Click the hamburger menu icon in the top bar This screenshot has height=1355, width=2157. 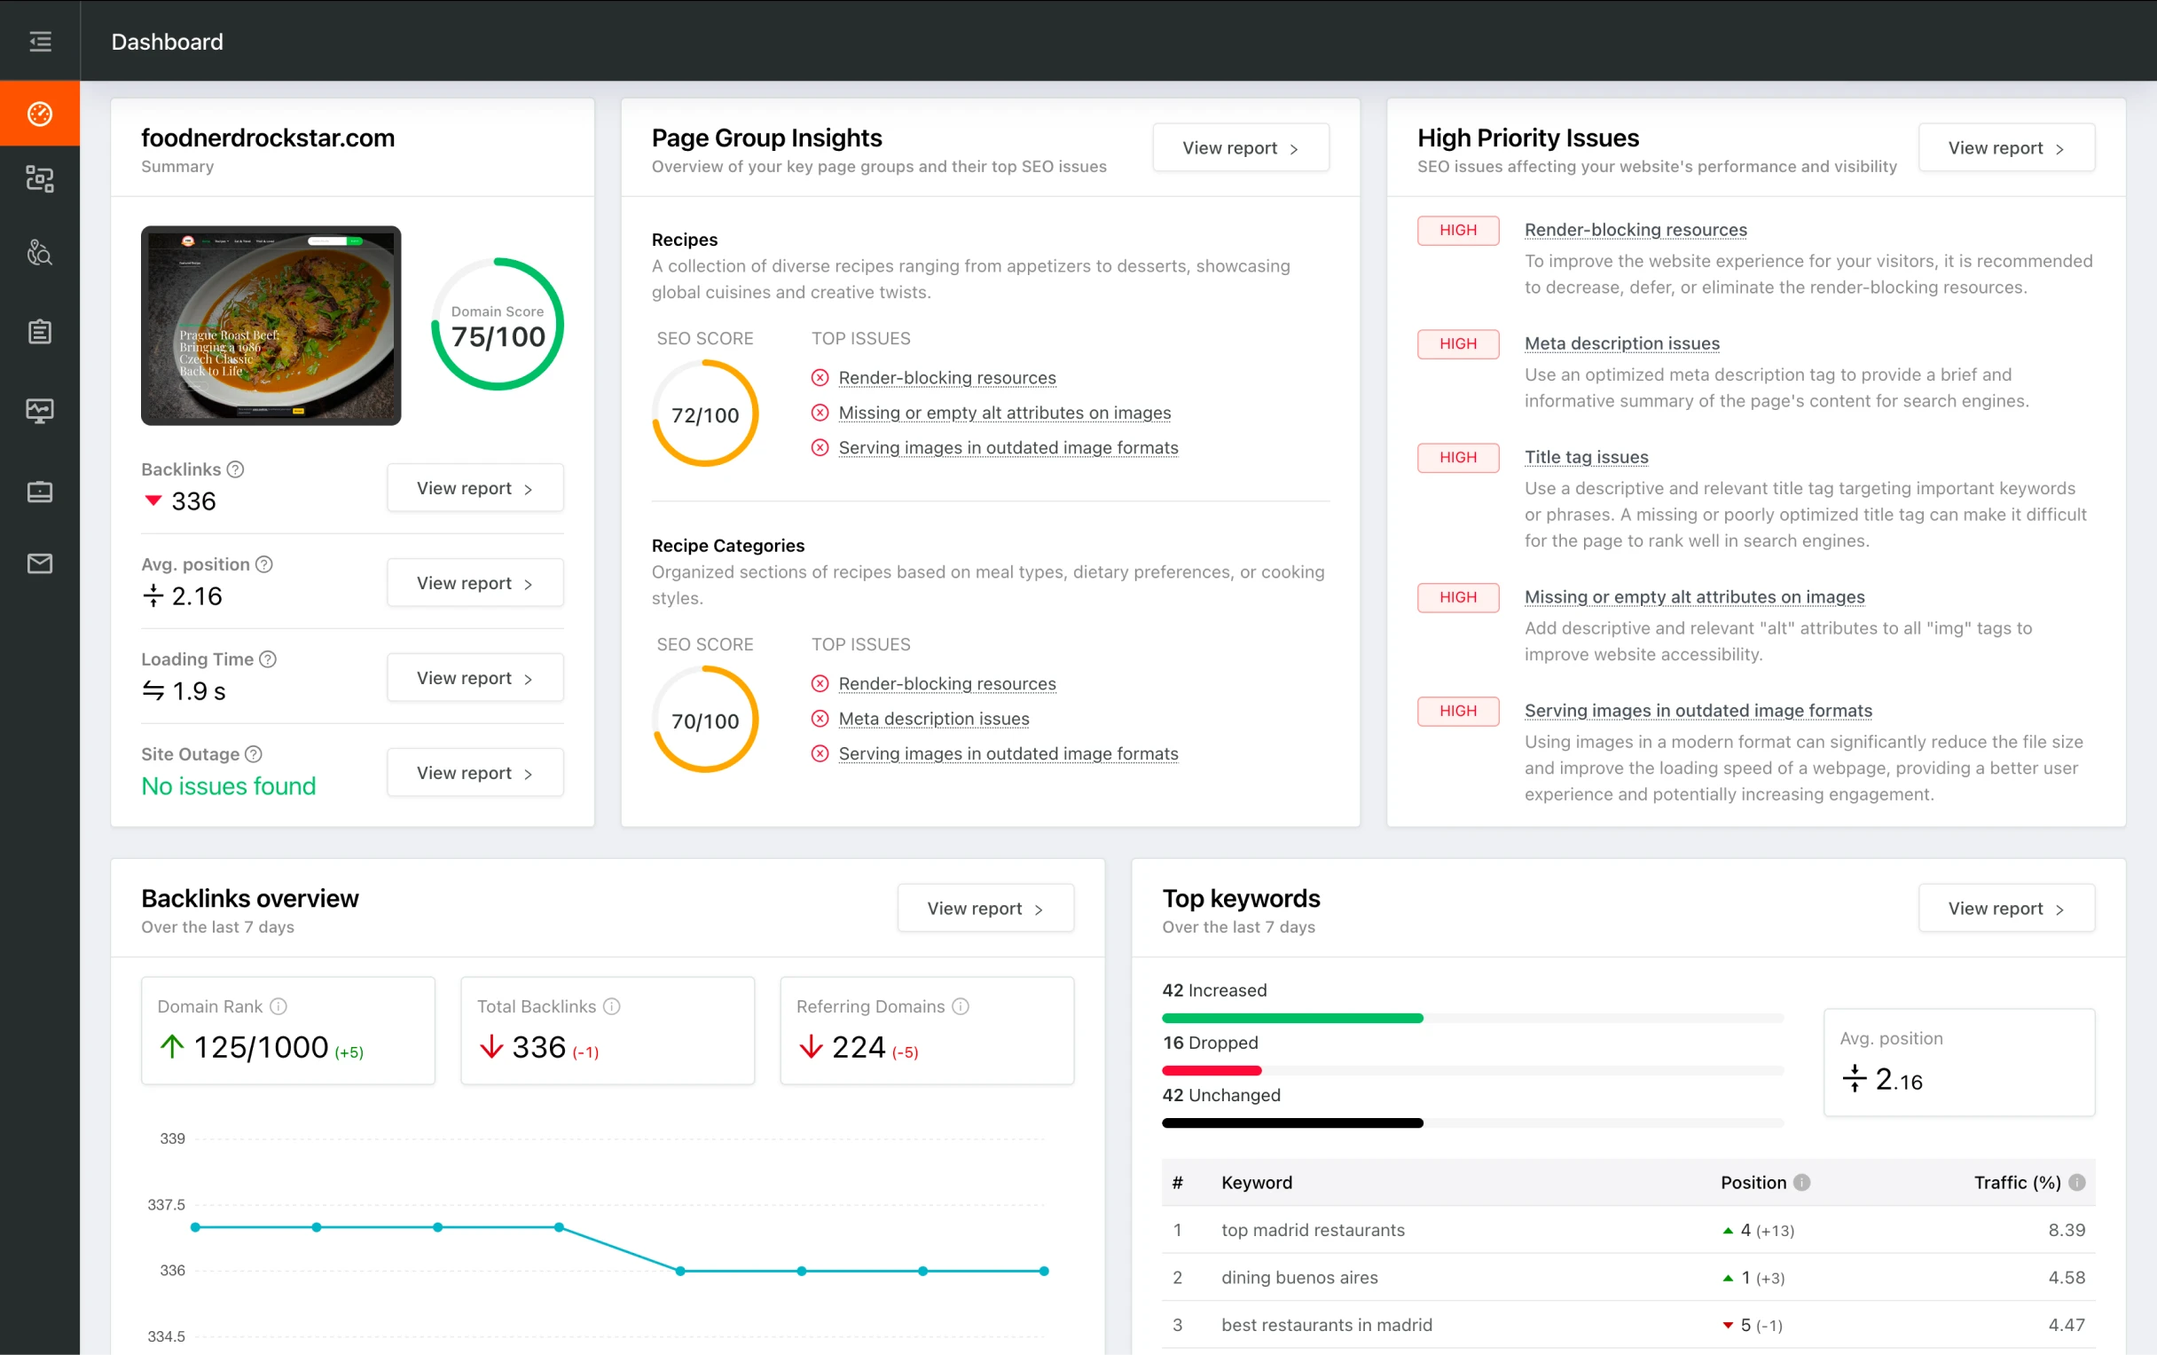click(x=40, y=41)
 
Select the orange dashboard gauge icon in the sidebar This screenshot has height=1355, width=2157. click(x=40, y=114)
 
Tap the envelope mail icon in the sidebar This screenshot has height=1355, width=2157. click(x=40, y=563)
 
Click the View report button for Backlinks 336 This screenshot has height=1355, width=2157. click(x=475, y=488)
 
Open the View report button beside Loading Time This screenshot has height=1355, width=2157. click(x=475, y=679)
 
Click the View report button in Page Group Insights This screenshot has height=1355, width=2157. click(x=1240, y=148)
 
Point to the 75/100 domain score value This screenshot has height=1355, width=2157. click(x=498, y=337)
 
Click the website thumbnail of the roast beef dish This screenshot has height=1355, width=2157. click(x=271, y=326)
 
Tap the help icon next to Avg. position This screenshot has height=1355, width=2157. click(x=264, y=564)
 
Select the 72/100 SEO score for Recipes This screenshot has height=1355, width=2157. click(x=705, y=416)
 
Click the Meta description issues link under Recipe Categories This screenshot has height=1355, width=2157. click(x=933, y=719)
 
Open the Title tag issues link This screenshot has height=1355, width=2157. click(x=1586, y=457)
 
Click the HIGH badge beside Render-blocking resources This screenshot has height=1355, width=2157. click(x=1457, y=231)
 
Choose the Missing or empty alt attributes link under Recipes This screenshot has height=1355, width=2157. click(x=1004, y=414)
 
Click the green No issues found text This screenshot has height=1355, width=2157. click(x=229, y=786)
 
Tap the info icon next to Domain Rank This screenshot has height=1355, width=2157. click(x=278, y=1006)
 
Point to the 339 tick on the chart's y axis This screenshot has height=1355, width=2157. click(x=172, y=1139)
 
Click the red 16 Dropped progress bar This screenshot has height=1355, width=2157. click(x=1211, y=1070)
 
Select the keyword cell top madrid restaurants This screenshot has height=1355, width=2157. click(x=1313, y=1231)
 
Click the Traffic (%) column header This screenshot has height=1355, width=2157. click(x=2016, y=1183)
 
